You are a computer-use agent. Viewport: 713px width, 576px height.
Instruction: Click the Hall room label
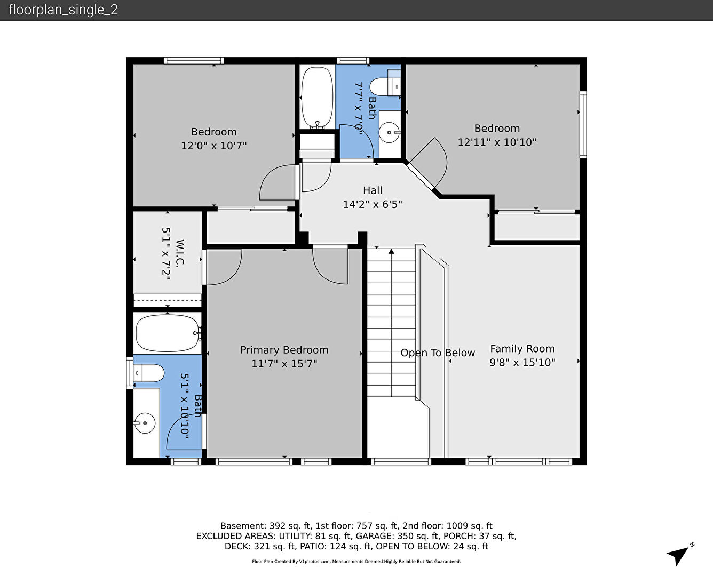373,190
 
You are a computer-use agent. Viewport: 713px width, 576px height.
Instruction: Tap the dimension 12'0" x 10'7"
214,146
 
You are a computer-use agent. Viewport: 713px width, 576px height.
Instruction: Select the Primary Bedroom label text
284,350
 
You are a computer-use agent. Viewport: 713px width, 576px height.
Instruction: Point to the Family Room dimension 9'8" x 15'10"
522,362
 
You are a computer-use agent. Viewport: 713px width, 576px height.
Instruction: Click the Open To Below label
438,353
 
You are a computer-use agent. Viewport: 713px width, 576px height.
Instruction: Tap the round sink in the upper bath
389,133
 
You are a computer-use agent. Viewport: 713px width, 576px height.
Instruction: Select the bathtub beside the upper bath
317,98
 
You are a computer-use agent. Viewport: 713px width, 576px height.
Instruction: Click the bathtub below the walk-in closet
168,333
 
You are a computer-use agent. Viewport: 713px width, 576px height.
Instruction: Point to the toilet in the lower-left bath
148,373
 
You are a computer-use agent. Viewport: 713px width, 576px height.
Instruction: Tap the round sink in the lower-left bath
145,423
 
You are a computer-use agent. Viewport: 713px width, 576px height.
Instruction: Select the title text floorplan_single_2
63,10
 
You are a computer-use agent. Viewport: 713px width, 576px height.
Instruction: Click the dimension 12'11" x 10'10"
497,142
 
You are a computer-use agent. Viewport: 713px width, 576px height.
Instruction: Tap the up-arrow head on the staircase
391,251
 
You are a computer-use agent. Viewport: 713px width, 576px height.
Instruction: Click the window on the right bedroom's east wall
583,124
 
